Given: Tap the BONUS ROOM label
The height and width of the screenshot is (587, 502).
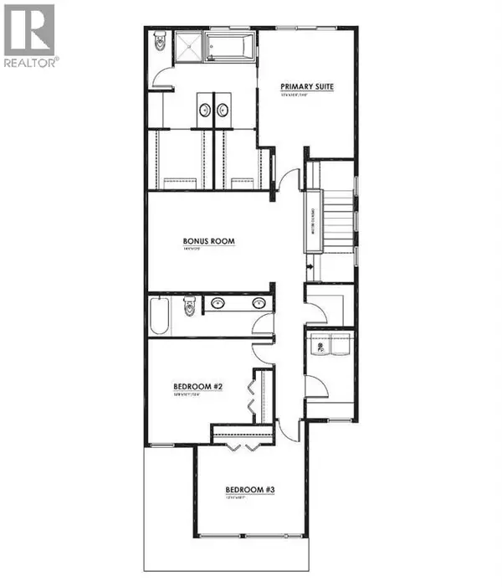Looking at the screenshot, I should click(209, 241).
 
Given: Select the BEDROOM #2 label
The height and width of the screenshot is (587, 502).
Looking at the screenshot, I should click(197, 386).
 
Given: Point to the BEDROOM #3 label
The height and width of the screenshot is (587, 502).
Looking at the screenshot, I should click(250, 490).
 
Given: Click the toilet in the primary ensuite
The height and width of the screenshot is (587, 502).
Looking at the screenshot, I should click(160, 42).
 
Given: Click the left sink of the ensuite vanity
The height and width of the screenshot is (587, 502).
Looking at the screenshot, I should click(205, 108).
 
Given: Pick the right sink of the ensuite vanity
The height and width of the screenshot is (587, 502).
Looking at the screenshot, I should click(223, 108).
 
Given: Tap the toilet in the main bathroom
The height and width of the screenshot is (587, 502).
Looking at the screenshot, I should click(190, 307).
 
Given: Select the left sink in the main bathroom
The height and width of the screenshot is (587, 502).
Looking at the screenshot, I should click(218, 303).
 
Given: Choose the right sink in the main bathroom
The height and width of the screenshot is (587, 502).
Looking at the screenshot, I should click(258, 303).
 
